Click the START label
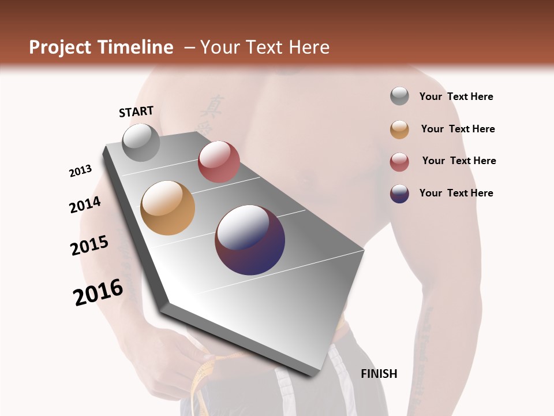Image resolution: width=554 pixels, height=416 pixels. pyautogui.click(x=136, y=112)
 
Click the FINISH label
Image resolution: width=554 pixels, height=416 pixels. pyautogui.click(x=379, y=374)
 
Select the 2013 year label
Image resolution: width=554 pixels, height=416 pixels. pyautogui.click(x=81, y=171)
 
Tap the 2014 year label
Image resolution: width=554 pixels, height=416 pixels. pyautogui.click(x=85, y=205)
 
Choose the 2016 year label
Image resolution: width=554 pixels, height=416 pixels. pyautogui.click(x=98, y=292)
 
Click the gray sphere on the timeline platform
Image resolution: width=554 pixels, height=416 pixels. pyautogui.click(x=141, y=143)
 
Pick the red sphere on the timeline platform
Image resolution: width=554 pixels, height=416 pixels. pyautogui.click(x=219, y=162)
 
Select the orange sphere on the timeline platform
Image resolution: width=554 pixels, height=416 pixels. pyautogui.click(x=168, y=208)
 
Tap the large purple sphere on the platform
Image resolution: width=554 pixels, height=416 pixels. pyautogui.click(x=250, y=240)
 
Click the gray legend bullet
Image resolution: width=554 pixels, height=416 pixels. pyautogui.click(x=399, y=96)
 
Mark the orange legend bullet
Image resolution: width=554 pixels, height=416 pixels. pyautogui.click(x=399, y=129)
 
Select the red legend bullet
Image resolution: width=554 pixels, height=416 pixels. pyautogui.click(x=399, y=162)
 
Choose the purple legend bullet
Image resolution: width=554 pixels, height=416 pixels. pyautogui.click(x=399, y=194)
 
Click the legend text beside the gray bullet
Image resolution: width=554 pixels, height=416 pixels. pyautogui.click(x=456, y=96)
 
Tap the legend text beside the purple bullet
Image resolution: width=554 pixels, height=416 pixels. pyautogui.click(x=456, y=193)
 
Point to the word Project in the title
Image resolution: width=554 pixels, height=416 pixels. pyautogui.click(x=59, y=47)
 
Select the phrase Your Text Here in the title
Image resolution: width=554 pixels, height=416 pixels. pyautogui.click(x=265, y=47)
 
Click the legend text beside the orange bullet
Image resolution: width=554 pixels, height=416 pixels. pyautogui.click(x=458, y=129)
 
